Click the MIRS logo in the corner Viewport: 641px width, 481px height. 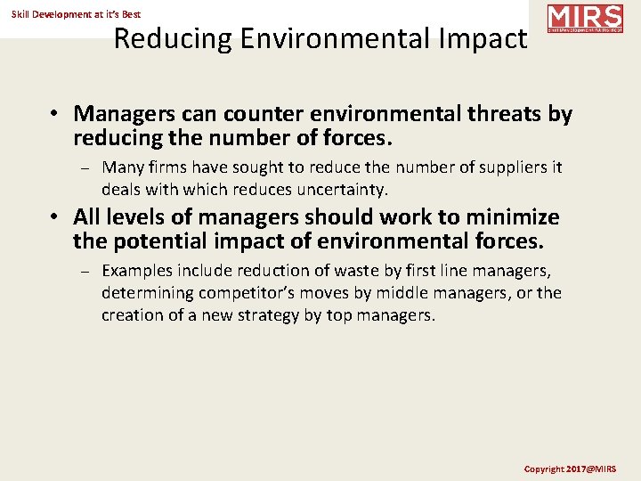[x=585, y=18]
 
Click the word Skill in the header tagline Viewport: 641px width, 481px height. [x=23, y=14]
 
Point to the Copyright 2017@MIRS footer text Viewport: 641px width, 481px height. [x=570, y=469]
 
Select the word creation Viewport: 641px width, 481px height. [x=134, y=315]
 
